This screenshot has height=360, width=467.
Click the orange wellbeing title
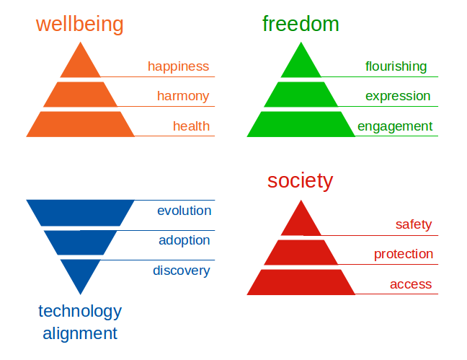coord(79,25)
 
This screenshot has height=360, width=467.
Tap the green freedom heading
coord(301,24)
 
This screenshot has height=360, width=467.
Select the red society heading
coord(300,181)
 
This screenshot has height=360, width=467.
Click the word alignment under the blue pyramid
coord(80,333)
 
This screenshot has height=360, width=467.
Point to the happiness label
coord(179,66)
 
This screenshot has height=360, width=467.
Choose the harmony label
coord(183,97)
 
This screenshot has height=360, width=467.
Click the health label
coord(191,126)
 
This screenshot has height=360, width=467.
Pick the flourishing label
coord(396,66)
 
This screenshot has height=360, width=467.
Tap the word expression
coord(398,97)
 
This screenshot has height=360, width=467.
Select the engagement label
coord(395,126)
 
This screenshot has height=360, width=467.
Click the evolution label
coord(184,211)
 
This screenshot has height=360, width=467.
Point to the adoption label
coord(184,240)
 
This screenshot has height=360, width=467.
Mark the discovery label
coord(182,271)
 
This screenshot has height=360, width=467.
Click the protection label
coord(404,254)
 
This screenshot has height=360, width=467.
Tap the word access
coord(411,284)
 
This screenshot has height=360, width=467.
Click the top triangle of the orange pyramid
coord(81,63)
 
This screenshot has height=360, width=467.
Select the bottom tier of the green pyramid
coord(301,124)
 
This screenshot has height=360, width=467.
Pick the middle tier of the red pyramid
coord(301,253)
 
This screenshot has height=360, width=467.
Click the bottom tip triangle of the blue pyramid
coord(81,274)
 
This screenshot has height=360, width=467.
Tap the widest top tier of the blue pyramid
coord(81,213)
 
